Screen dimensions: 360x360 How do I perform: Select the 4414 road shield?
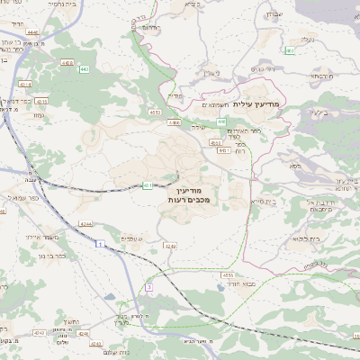[25, 85]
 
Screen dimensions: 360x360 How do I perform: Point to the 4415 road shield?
[42, 102]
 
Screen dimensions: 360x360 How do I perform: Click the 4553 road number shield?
[155, 112]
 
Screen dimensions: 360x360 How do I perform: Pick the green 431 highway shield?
[146, 186]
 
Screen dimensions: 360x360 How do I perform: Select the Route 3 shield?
[149, 286]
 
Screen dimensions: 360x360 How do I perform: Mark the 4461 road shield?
[170, 245]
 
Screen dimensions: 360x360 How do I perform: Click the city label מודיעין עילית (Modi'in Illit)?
[256, 104]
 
